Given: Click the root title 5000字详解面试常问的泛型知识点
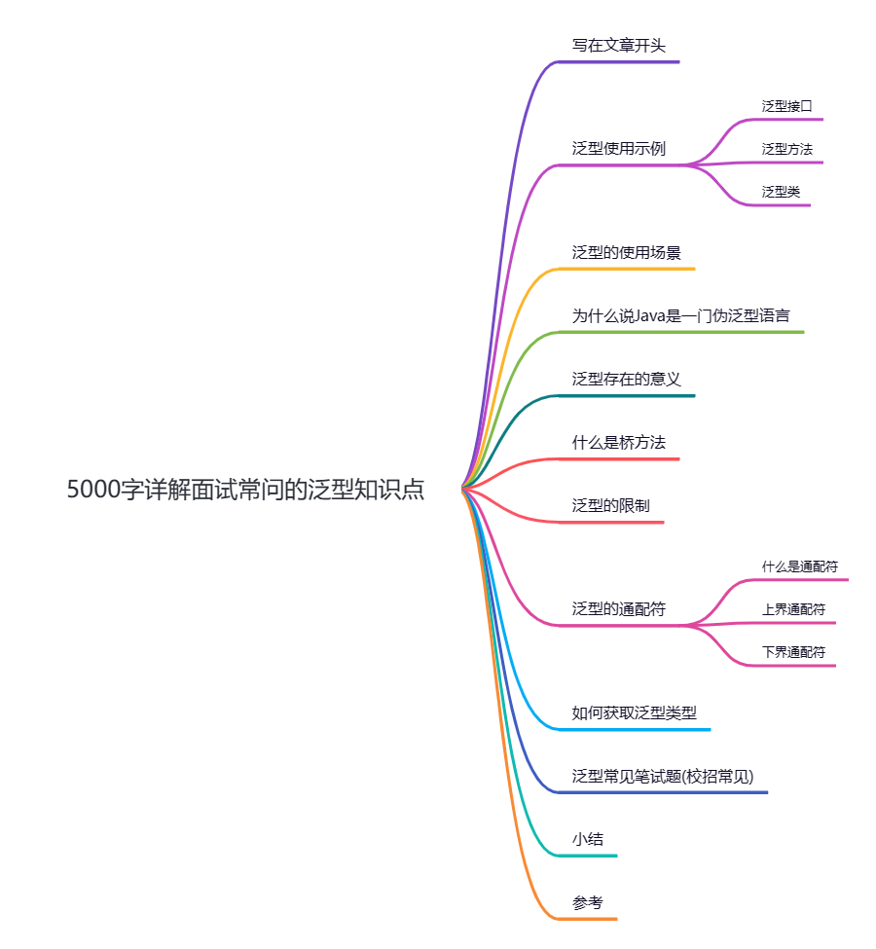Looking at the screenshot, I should [245, 490].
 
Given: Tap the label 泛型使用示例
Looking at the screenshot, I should [618, 149].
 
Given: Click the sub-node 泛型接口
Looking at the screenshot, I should [786, 106].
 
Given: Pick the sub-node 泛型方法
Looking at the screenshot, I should [786, 149].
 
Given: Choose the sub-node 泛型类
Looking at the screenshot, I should [781, 192].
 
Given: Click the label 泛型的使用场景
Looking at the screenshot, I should [626, 252].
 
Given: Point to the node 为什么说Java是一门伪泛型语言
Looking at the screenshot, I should [680, 316].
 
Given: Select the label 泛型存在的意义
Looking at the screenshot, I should [626, 379].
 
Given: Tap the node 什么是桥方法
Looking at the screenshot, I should [618, 443].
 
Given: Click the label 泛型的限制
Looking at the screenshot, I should [610, 506].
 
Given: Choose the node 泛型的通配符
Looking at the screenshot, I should [618, 609].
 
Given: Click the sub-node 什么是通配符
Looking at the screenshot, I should [800, 566].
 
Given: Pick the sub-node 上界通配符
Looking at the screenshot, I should [793, 609].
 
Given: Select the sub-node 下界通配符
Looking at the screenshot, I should [793, 652].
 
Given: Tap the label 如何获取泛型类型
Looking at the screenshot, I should [634, 712].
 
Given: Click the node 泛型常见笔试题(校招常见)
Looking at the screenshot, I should [662, 776].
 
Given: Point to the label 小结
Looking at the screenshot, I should [588, 839].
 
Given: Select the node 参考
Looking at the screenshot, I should [588, 902].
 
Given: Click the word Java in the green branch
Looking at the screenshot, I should [651, 316].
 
